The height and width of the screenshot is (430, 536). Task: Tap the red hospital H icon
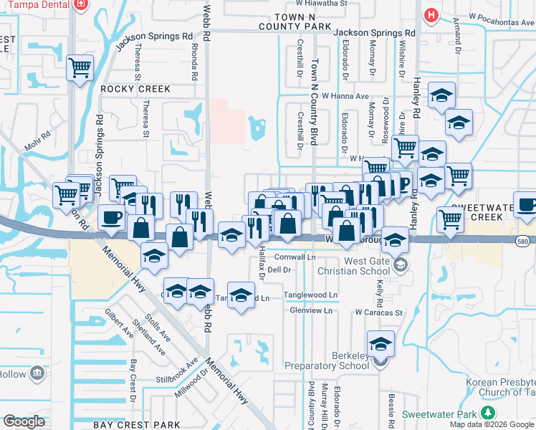click(x=431, y=14)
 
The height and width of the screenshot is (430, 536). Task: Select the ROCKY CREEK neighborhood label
click(x=135, y=89)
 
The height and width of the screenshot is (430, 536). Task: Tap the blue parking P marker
click(x=403, y=183)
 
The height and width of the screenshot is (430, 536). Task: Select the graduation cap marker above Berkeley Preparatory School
click(x=381, y=343)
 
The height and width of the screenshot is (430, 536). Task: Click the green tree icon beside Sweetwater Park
click(x=488, y=414)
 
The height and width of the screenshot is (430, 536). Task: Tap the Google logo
click(x=24, y=421)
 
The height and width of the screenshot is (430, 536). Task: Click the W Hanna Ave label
click(x=345, y=95)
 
